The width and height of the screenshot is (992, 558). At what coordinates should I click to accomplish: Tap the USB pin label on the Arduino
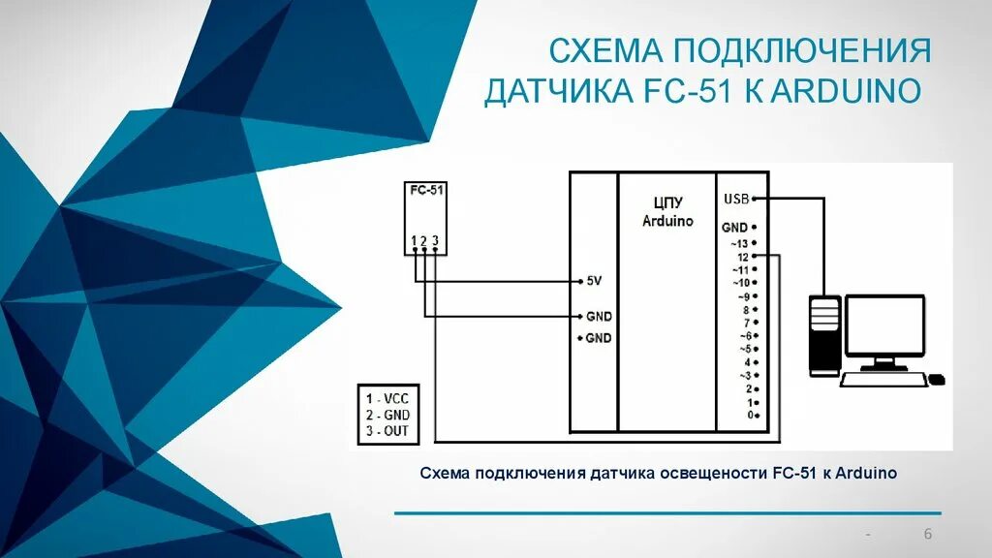(x=735, y=199)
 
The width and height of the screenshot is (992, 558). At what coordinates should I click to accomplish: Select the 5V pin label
(x=594, y=281)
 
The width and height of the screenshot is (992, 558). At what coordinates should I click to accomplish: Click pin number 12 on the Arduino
(x=742, y=257)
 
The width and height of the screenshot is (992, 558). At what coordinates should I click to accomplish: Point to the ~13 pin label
(x=740, y=243)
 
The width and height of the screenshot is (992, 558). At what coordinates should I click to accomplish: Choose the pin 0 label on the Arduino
(x=749, y=415)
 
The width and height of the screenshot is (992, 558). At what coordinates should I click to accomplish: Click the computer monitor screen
(x=883, y=326)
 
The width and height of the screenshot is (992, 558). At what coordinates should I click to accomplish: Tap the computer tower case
(x=824, y=335)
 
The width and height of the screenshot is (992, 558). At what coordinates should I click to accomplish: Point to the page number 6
(x=927, y=536)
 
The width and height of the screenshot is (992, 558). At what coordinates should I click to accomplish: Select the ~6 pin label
(x=744, y=335)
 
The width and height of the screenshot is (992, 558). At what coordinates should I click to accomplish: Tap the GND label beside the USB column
(x=733, y=227)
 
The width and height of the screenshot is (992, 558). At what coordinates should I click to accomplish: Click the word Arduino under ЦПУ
(x=667, y=221)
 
